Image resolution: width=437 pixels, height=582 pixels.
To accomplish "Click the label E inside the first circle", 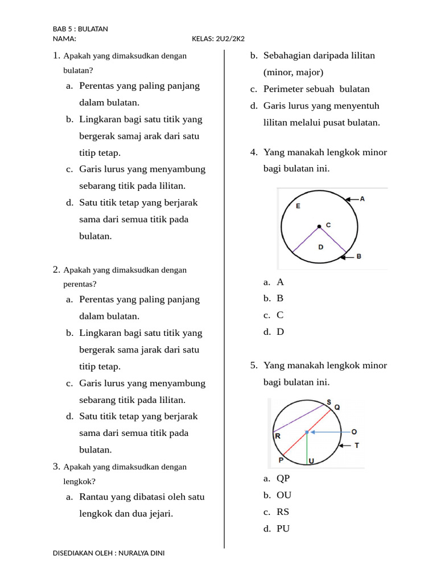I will click(x=298, y=207).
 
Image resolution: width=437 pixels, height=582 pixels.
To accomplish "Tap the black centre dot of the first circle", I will click(x=319, y=226).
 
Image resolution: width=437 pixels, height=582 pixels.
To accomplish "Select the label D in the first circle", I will click(x=321, y=247).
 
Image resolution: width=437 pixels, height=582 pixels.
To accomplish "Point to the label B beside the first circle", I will click(x=359, y=256).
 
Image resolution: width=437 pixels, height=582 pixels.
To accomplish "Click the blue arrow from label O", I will click(x=328, y=432).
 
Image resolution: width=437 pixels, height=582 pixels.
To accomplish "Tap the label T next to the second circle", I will click(x=357, y=446).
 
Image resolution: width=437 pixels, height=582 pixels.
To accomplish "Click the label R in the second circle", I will click(x=278, y=436).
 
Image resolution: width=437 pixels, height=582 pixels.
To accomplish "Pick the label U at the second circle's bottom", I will click(x=311, y=460).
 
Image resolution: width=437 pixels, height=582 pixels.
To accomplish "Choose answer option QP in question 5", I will click(x=283, y=479).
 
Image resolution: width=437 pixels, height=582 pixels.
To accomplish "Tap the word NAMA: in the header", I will click(x=64, y=39).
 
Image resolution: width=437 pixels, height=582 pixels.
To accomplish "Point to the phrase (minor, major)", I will click(x=293, y=72).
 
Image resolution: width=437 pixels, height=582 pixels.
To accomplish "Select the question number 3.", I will click(x=56, y=467).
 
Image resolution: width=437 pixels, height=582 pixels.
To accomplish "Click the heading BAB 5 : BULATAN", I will click(x=80, y=28).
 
